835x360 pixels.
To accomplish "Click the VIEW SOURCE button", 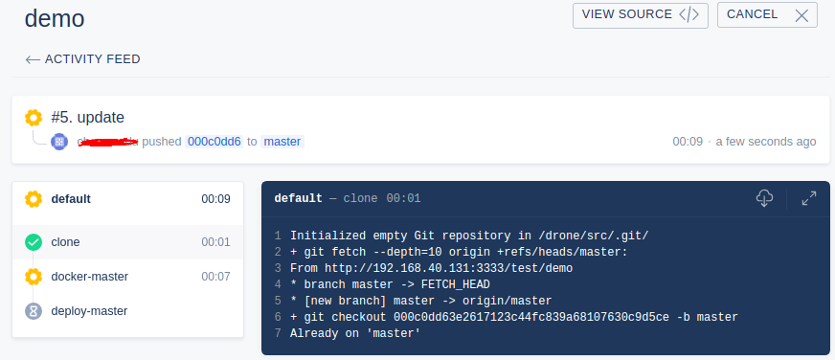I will click(641, 14).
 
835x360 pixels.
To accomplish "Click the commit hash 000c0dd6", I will click(214, 142).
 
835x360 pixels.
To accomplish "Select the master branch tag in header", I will click(282, 142).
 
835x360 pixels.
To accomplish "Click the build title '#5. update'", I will click(87, 118).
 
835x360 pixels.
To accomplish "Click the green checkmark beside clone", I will click(34, 242).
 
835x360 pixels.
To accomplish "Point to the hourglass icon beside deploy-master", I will click(34, 311).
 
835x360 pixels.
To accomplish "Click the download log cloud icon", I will click(764, 198).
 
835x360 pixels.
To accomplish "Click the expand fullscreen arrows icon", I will click(809, 198).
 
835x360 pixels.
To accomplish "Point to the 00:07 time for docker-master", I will click(215, 277).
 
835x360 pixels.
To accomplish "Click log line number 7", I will click(278, 333).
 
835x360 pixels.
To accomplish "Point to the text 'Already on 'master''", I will click(355, 333).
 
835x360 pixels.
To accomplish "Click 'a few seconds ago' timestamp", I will click(766, 142).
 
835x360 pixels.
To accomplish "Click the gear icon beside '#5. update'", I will click(34, 118).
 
